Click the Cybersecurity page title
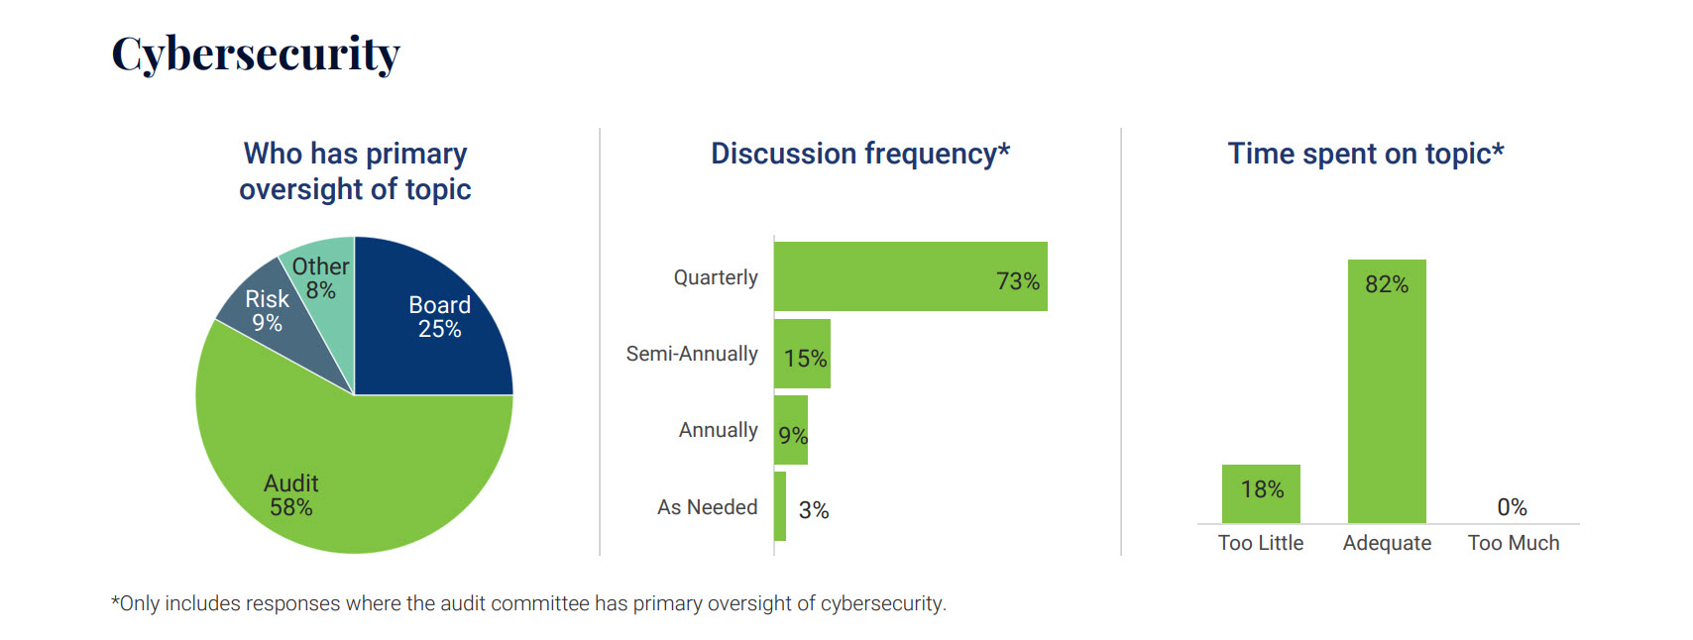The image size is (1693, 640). coord(256,53)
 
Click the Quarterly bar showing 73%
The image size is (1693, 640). coord(910,276)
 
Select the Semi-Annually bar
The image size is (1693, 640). coord(802,354)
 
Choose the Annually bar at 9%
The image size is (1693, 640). coord(791,430)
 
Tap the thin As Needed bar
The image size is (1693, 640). coord(780,506)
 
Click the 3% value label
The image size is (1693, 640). coord(814,510)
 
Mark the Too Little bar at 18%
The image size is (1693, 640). coord(1261,493)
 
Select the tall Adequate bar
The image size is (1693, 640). coord(1387,391)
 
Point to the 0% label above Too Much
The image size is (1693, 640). coord(1512,507)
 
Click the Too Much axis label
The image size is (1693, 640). coord(1514,543)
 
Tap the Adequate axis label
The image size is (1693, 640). coord(1387,543)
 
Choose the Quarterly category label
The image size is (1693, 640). coord(716,277)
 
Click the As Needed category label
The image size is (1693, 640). coord(707,507)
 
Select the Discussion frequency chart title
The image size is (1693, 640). coord(860,154)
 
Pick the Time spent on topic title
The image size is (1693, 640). coord(1366,154)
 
